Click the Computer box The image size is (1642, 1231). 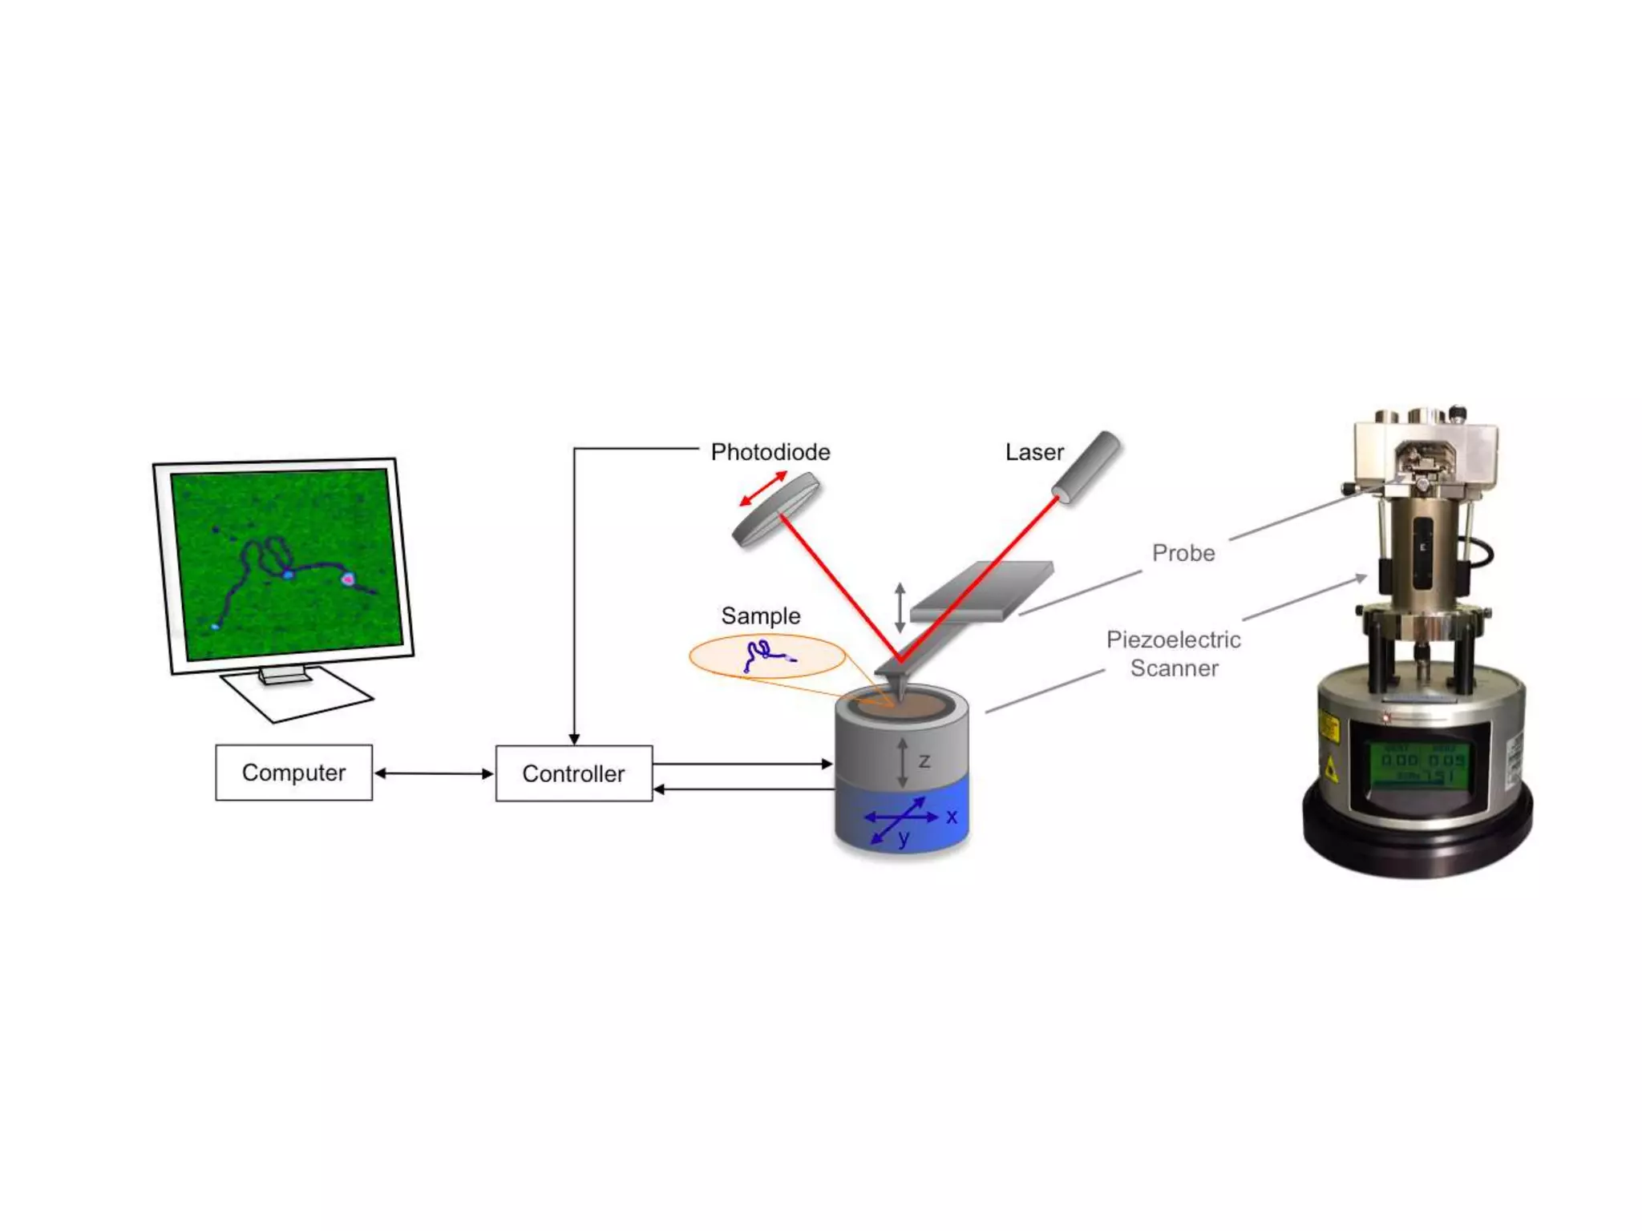[293, 773]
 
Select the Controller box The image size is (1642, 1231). [573, 773]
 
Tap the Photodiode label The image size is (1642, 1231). [770, 452]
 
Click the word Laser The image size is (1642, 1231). [1034, 452]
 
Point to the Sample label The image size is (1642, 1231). [760, 615]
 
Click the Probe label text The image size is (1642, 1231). [1183, 553]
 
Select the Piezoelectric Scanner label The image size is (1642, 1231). [1174, 653]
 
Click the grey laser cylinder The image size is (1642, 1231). [1086, 466]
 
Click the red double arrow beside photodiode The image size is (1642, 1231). [762, 489]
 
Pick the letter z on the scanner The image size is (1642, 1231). [924, 761]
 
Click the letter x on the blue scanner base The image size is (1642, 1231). [952, 817]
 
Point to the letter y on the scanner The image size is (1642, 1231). [904, 838]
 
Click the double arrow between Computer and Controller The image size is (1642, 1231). [434, 773]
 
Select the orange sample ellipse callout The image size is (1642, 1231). [767, 656]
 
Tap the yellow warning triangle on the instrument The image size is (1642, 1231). [1331, 769]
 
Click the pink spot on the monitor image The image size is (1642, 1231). [348, 578]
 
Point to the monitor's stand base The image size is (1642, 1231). [297, 694]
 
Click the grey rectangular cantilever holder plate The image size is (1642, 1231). [982, 591]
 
